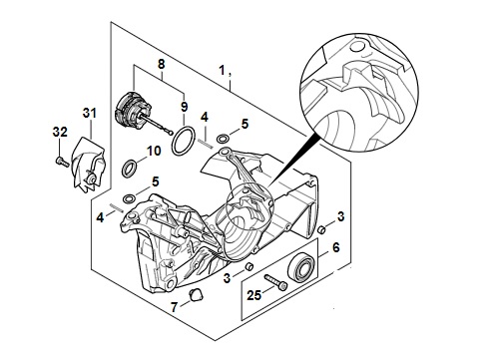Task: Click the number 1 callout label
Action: coord(222,70)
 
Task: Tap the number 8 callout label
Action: coord(161,64)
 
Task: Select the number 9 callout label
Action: coord(184,107)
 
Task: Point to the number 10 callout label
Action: coord(154,151)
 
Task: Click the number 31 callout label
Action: coord(90,113)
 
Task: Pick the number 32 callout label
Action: coord(60,132)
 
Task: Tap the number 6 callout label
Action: coord(336,247)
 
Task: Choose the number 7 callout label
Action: coord(174,307)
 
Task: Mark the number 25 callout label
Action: coord(253,295)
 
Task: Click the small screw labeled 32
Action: coord(62,162)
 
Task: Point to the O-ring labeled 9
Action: coord(184,141)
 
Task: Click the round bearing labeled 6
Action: coord(301,268)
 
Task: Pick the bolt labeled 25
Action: coord(275,282)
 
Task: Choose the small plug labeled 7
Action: coord(195,295)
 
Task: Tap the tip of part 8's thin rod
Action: coord(171,134)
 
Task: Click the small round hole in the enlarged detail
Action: coord(357,47)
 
